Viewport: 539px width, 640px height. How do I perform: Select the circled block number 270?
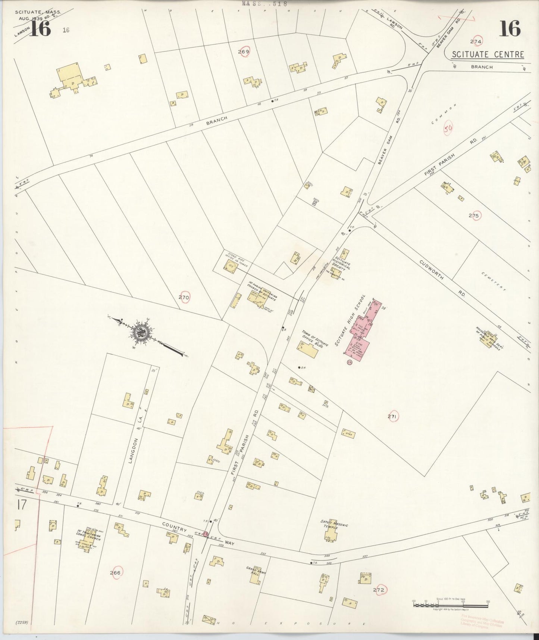184,298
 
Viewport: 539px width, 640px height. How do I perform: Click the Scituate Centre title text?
488,55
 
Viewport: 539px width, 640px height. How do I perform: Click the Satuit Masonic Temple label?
334,525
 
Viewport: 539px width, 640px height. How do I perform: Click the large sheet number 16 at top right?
509,29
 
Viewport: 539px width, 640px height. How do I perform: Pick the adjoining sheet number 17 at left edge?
22,505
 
